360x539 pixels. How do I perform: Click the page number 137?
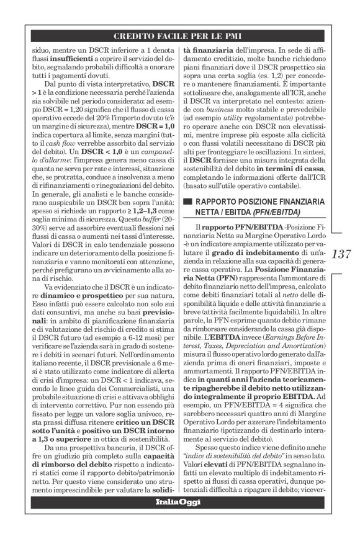click(343, 254)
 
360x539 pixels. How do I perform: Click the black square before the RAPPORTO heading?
click(186, 202)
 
